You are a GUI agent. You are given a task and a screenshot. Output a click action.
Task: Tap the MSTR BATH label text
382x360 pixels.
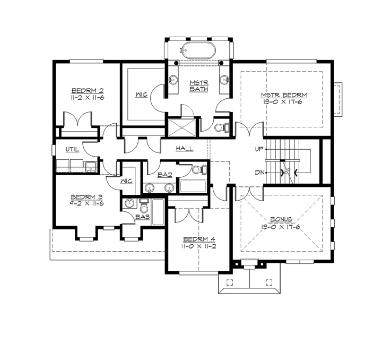tap(199, 85)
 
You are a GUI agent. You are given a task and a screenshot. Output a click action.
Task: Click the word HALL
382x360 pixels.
tap(185, 148)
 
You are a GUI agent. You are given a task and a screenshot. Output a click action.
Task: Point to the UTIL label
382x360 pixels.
tap(72, 149)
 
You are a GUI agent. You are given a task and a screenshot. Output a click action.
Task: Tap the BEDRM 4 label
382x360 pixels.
tap(198, 238)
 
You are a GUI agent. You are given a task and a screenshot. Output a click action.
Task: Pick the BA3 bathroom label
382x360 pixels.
tap(141, 217)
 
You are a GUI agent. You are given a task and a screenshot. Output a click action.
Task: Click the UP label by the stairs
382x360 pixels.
tap(259, 149)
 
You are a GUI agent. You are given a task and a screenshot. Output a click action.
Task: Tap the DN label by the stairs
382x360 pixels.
tap(259, 173)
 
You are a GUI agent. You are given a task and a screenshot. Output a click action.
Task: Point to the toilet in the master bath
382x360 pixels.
tap(221, 127)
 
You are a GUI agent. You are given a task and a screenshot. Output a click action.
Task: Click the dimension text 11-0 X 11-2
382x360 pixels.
tap(198, 246)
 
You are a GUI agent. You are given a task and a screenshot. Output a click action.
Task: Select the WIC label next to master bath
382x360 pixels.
tap(141, 95)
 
